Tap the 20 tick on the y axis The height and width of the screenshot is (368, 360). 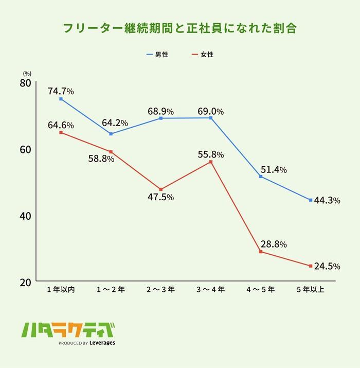[26, 282]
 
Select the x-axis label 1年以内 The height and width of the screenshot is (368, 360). [61, 290]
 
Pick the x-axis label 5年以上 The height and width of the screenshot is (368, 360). [311, 290]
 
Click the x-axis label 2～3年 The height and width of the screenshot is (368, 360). [160, 290]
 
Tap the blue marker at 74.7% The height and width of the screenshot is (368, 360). [61, 99]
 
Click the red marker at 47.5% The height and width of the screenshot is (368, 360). [160, 189]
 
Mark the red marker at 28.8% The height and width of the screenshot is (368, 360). [261, 252]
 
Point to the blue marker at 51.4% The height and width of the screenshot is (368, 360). [261, 177]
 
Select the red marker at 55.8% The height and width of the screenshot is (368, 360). [211, 162]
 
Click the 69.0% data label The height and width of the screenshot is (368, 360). [210, 111]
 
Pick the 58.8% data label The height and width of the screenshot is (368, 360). [101, 159]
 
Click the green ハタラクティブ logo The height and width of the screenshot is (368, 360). [67, 330]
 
